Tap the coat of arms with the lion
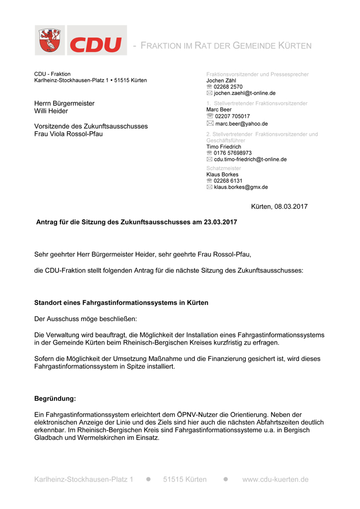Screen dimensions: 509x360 (50, 41)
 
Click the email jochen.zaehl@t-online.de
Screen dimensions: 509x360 (244, 93)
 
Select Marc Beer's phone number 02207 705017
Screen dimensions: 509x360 (232, 116)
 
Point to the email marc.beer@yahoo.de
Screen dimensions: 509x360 (241, 123)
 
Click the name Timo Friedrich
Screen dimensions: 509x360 (224, 147)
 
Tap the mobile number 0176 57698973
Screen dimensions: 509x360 (233, 153)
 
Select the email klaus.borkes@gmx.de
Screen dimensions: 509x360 (241, 187)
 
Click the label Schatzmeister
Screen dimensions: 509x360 (224, 168)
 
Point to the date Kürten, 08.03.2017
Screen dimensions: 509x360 (279, 207)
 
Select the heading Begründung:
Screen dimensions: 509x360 (55, 399)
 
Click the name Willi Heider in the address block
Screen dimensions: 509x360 (51, 111)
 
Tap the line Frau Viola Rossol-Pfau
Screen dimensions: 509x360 (68, 134)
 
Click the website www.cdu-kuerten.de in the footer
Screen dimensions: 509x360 (275, 479)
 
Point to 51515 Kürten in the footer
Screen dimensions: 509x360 (185, 479)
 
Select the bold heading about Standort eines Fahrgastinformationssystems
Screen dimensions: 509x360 (121, 303)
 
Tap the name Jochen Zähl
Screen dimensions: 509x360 (221, 80)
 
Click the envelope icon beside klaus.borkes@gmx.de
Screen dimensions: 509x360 (209, 187)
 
